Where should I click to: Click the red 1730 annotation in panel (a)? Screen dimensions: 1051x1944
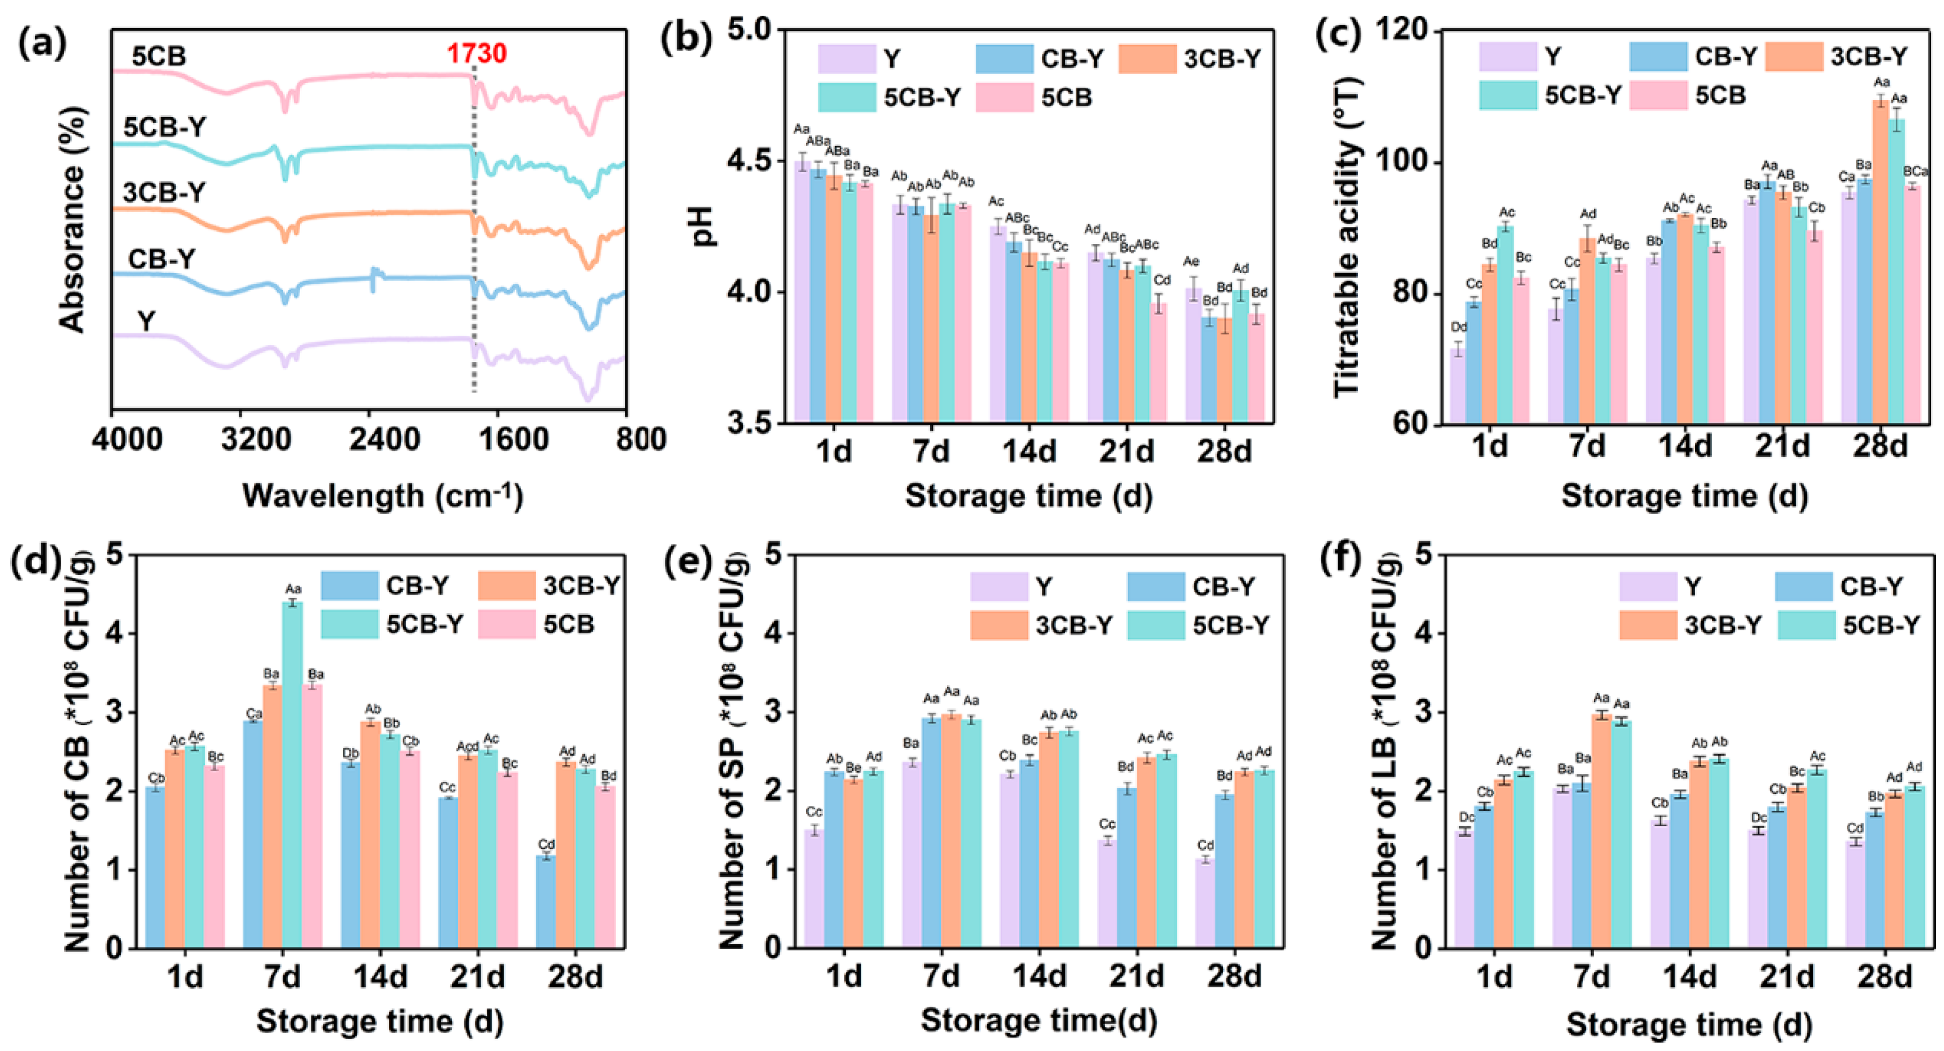(x=476, y=53)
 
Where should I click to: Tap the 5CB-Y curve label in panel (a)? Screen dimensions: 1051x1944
(x=165, y=128)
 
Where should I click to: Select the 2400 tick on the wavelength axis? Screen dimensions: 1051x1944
(x=383, y=439)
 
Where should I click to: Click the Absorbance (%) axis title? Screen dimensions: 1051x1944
(x=72, y=219)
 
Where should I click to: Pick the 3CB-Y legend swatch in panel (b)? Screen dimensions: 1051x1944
(x=1147, y=59)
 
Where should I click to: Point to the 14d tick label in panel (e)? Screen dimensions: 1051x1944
(x=1039, y=977)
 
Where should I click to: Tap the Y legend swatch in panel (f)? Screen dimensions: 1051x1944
(x=1647, y=586)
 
